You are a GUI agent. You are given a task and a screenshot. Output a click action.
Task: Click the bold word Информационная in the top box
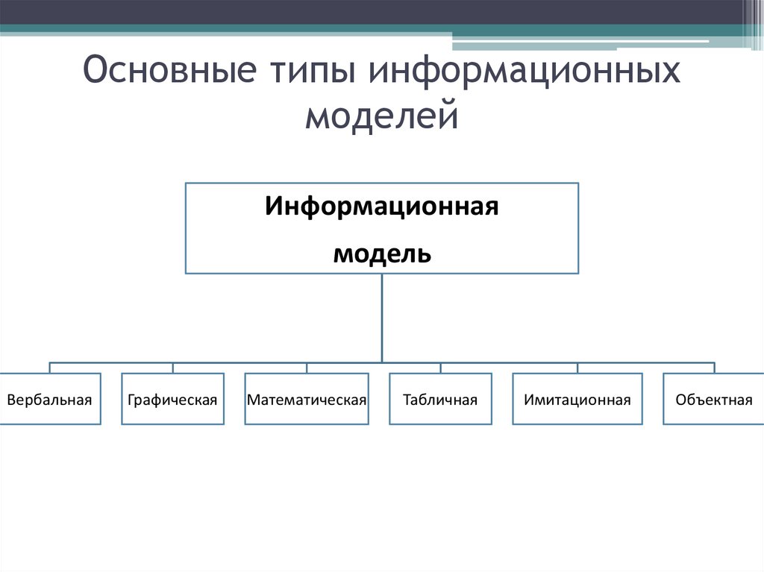[381, 206]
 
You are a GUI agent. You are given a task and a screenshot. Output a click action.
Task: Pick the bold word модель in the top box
[381, 254]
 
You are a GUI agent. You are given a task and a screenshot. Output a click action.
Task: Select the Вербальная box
[50, 399]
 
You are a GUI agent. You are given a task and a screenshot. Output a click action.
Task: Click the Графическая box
[172, 399]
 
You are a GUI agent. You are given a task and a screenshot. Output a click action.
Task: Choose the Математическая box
[307, 399]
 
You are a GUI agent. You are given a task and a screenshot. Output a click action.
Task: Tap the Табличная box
[440, 399]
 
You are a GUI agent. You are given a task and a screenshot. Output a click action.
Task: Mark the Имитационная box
[577, 399]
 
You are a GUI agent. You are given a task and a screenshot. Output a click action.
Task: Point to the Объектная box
[713, 399]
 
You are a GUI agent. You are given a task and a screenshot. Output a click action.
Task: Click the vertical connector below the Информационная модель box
[382, 317]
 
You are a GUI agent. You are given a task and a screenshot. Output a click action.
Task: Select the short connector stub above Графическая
[173, 368]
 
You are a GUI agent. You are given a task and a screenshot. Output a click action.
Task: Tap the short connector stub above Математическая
[307, 368]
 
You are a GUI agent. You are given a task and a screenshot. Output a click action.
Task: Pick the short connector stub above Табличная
[440, 368]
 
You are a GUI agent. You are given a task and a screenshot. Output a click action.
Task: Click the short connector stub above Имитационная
[577, 368]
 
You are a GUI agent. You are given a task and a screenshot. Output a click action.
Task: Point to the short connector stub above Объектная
[714, 368]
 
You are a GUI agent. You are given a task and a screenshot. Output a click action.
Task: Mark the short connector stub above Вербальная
[50, 368]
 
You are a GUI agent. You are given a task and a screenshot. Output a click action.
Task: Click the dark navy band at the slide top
[373, 11]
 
